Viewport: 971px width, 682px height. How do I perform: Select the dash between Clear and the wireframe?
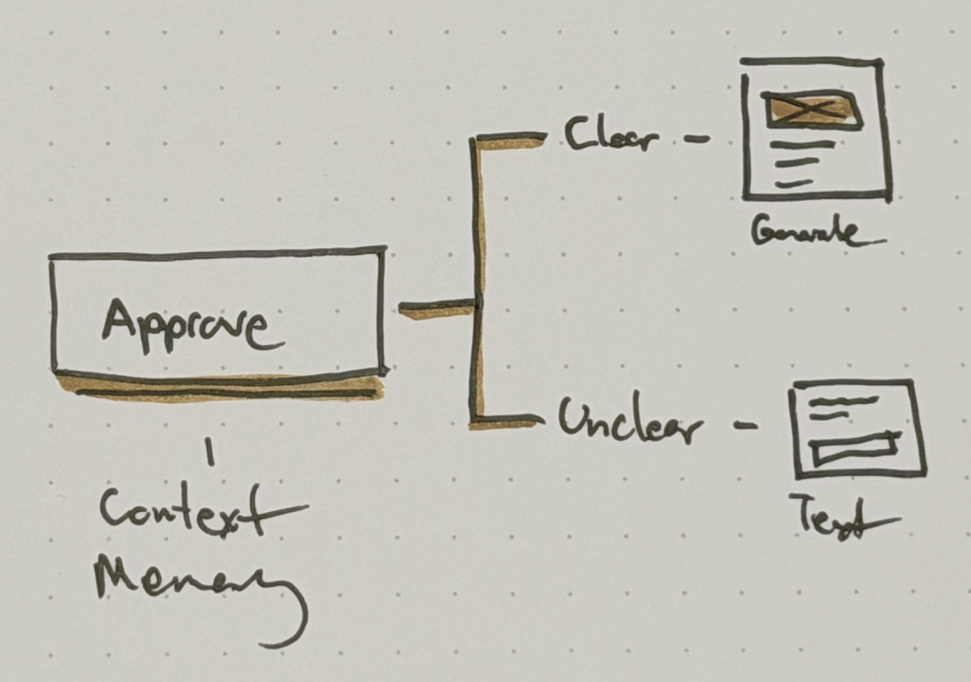click(x=697, y=140)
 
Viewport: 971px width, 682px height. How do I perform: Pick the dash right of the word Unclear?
click(x=745, y=426)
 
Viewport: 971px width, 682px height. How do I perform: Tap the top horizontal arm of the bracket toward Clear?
click(x=510, y=138)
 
